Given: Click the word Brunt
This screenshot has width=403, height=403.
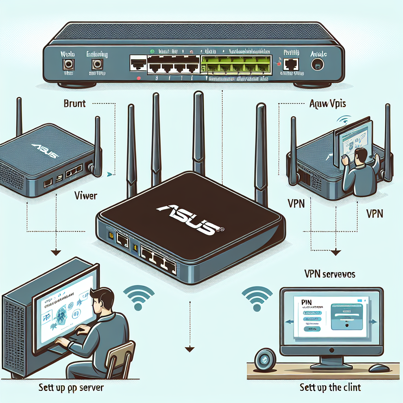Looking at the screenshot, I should [x=74, y=104].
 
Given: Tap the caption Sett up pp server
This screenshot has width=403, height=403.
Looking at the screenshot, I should [x=71, y=388].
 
